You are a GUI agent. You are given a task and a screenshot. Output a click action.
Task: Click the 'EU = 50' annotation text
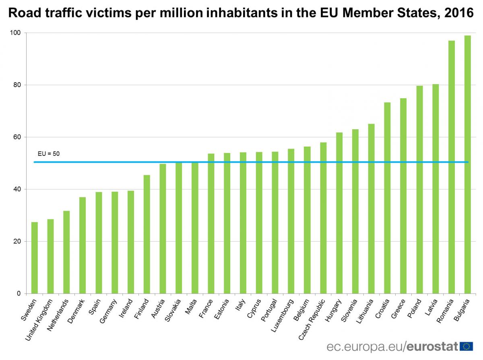49,153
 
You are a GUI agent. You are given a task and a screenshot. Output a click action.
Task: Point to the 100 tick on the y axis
18,33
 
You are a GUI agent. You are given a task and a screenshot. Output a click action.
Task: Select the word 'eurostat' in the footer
433,346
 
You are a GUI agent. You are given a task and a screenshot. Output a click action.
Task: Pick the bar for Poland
419,190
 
